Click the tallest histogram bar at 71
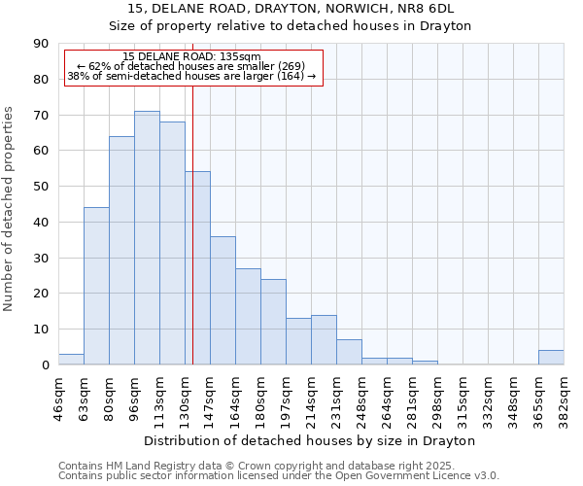[x=147, y=238]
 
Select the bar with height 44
[x=96, y=286]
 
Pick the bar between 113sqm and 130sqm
[x=172, y=243]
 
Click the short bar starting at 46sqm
[x=71, y=360]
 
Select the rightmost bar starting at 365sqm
[x=551, y=358]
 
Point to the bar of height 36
[x=223, y=300]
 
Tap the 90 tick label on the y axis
[x=41, y=44]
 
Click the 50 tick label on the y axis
[x=41, y=187]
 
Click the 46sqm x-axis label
[x=58, y=399]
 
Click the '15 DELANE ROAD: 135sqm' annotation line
[x=192, y=56]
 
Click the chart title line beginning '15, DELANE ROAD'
[x=291, y=9]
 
